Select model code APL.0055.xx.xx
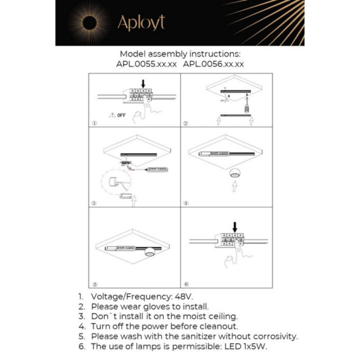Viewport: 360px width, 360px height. pos(146,63)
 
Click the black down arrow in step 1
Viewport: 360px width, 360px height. pos(143,83)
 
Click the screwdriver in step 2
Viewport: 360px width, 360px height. pos(248,108)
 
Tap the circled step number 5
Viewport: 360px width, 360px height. pos(94,284)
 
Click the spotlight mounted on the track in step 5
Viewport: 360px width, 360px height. pos(150,251)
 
